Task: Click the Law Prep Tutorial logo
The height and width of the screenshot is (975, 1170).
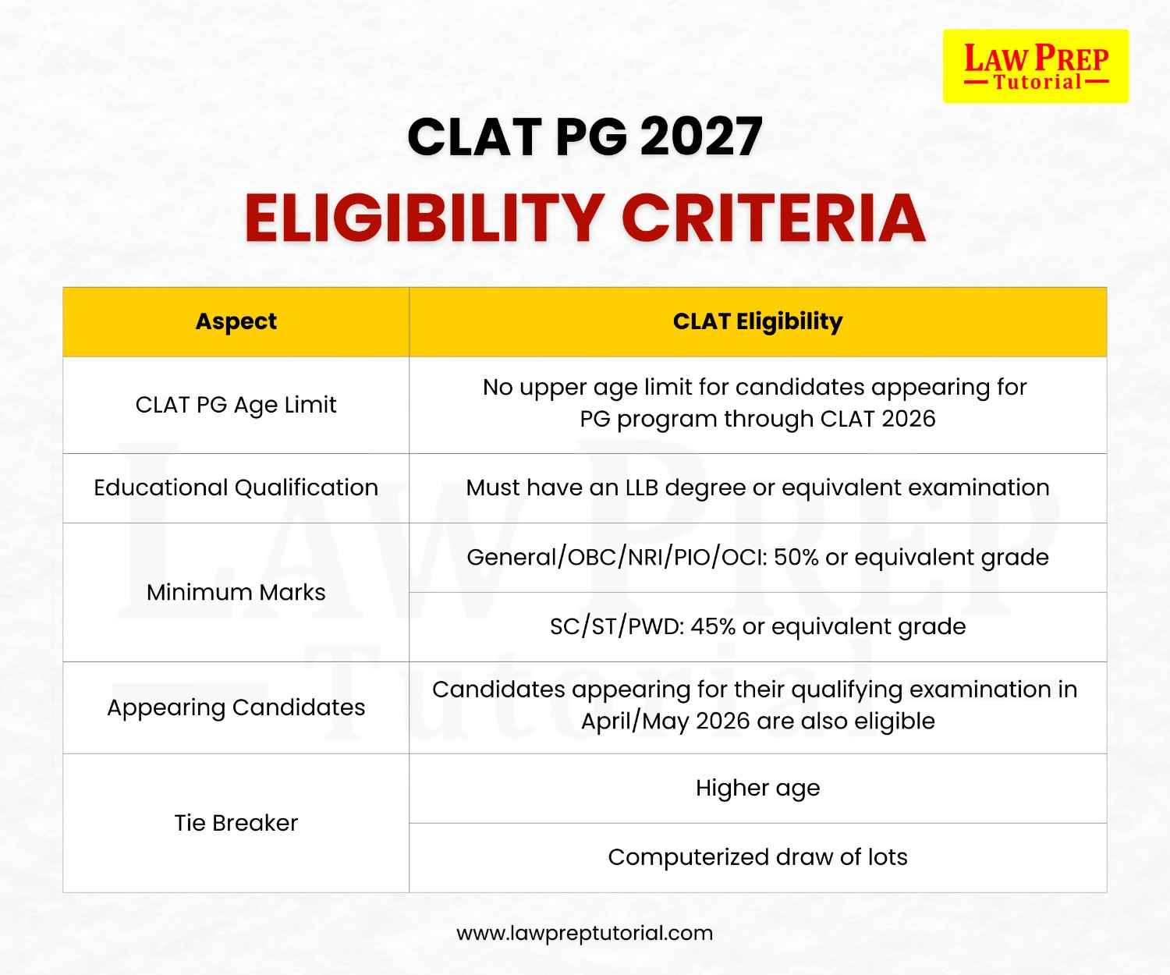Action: tap(1035, 66)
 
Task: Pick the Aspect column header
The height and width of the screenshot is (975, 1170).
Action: tap(236, 321)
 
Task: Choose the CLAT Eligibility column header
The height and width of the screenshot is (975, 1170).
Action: tap(757, 321)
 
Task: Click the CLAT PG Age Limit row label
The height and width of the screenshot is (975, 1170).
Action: tap(236, 405)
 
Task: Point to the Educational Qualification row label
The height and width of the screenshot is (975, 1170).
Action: tap(236, 487)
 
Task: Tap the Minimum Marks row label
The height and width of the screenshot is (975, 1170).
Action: tap(236, 592)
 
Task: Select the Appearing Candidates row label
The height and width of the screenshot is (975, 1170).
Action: tap(236, 707)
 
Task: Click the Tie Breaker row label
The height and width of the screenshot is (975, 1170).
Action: tap(236, 823)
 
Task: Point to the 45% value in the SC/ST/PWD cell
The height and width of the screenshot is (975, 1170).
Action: tap(713, 626)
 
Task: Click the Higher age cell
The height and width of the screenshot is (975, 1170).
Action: tap(757, 788)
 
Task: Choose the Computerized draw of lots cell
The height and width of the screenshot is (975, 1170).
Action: tap(757, 857)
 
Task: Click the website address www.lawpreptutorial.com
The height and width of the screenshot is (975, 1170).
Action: tap(584, 933)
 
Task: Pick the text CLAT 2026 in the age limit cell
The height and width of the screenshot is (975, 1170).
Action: tap(877, 419)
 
